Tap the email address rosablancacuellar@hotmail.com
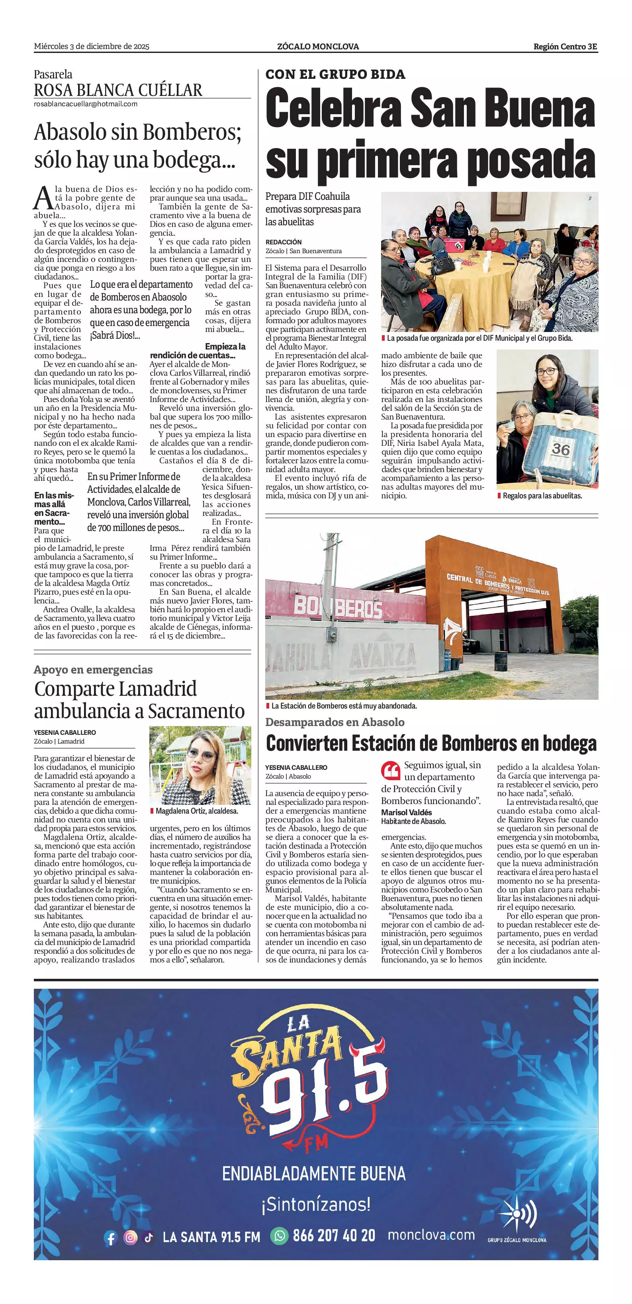[x=86, y=104]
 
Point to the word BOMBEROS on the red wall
[x=338, y=607]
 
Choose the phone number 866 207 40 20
[x=334, y=1236]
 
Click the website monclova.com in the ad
[x=431, y=1235]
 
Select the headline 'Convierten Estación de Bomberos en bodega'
[x=431, y=744]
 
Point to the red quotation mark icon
[x=390, y=771]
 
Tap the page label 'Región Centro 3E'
[x=565, y=47]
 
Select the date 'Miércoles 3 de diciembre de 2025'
[x=92, y=47]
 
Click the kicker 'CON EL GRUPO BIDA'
[x=335, y=74]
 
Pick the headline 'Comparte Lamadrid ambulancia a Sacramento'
[x=139, y=700]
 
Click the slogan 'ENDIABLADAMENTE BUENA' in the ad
[x=314, y=1173]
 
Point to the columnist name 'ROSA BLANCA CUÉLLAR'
[x=118, y=90]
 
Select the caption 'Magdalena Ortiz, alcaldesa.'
[x=196, y=811]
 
